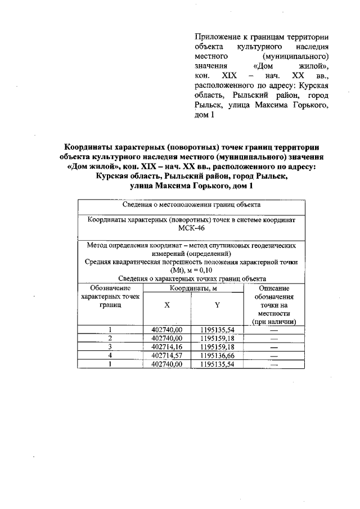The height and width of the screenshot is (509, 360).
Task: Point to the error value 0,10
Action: [x=206, y=270]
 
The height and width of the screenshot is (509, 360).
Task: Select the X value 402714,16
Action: [x=167, y=347]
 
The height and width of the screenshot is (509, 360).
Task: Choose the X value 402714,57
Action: [x=167, y=356]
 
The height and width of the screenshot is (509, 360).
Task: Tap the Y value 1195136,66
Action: [x=217, y=356]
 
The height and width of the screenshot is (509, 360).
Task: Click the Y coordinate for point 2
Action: [x=217, y=339]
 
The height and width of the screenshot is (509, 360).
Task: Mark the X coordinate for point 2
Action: [x=167, y=339]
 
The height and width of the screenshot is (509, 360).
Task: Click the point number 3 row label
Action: [x=110, y=347]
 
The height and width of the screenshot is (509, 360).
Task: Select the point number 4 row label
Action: [x=110, y=356]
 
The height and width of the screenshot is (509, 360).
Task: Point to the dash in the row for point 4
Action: [x=274, y=356]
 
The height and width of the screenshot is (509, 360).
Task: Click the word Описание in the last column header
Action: [x=274, y=288]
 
